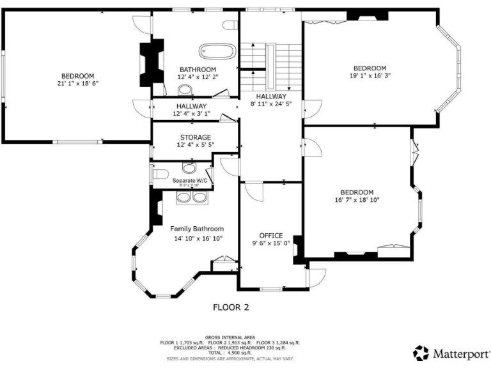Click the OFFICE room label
[x=270, y=235]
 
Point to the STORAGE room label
[x=195, y=137]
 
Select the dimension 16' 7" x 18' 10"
[x=356, y=200]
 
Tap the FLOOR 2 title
[x=230, y=307]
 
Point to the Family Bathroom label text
[x=197, y=229]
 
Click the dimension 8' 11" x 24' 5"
[x=270, y=103]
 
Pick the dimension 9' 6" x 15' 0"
[x=270, y=243]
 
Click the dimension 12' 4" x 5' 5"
[x=195, y=145]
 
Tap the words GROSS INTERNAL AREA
[x=230, y=337]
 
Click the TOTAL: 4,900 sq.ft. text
[x=230, y=352]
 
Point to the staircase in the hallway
[x=270, y=57]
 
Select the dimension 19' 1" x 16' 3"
[x=370, y=76]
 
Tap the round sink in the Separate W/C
[x=189, y=169]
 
